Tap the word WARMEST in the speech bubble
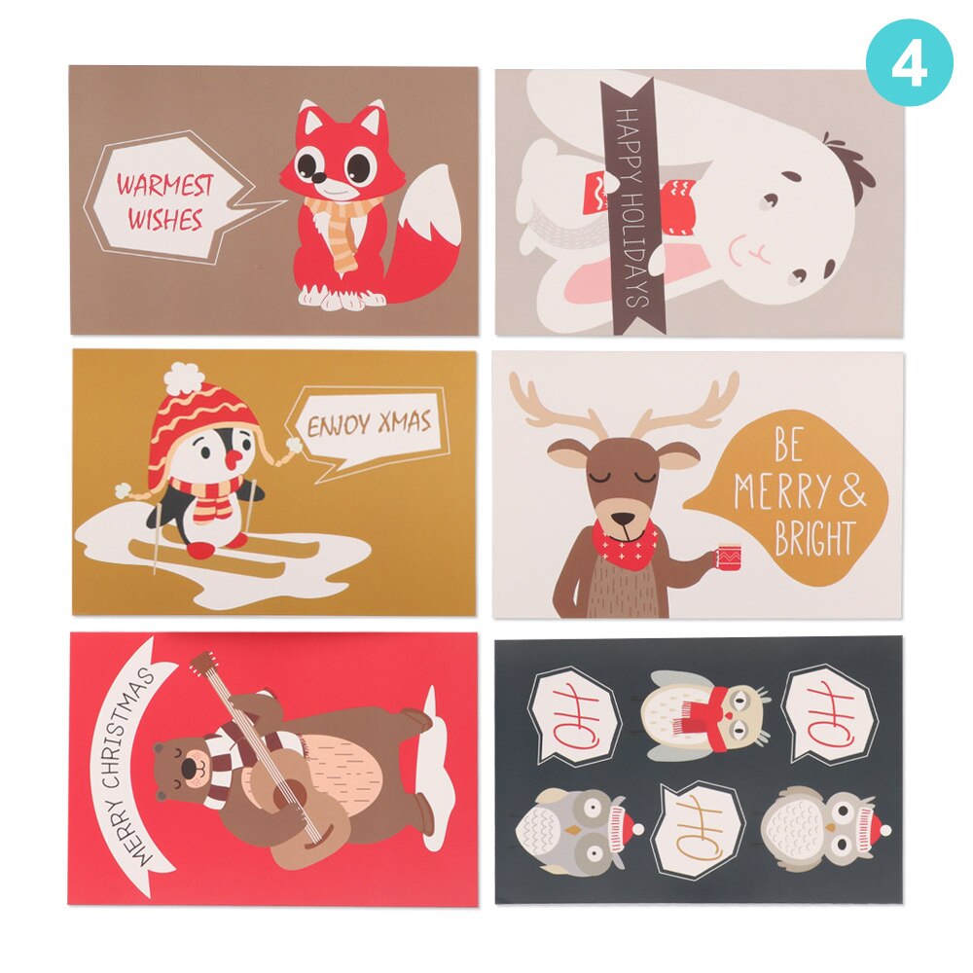pos(164,184)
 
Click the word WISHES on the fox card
pos(164,220)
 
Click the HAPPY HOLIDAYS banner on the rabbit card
pos(631,205)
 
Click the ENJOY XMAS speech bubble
pos(369,426)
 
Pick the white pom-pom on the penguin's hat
pos(182,377)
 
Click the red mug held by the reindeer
pos(728,560)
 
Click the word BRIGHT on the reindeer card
pos(814,538)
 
